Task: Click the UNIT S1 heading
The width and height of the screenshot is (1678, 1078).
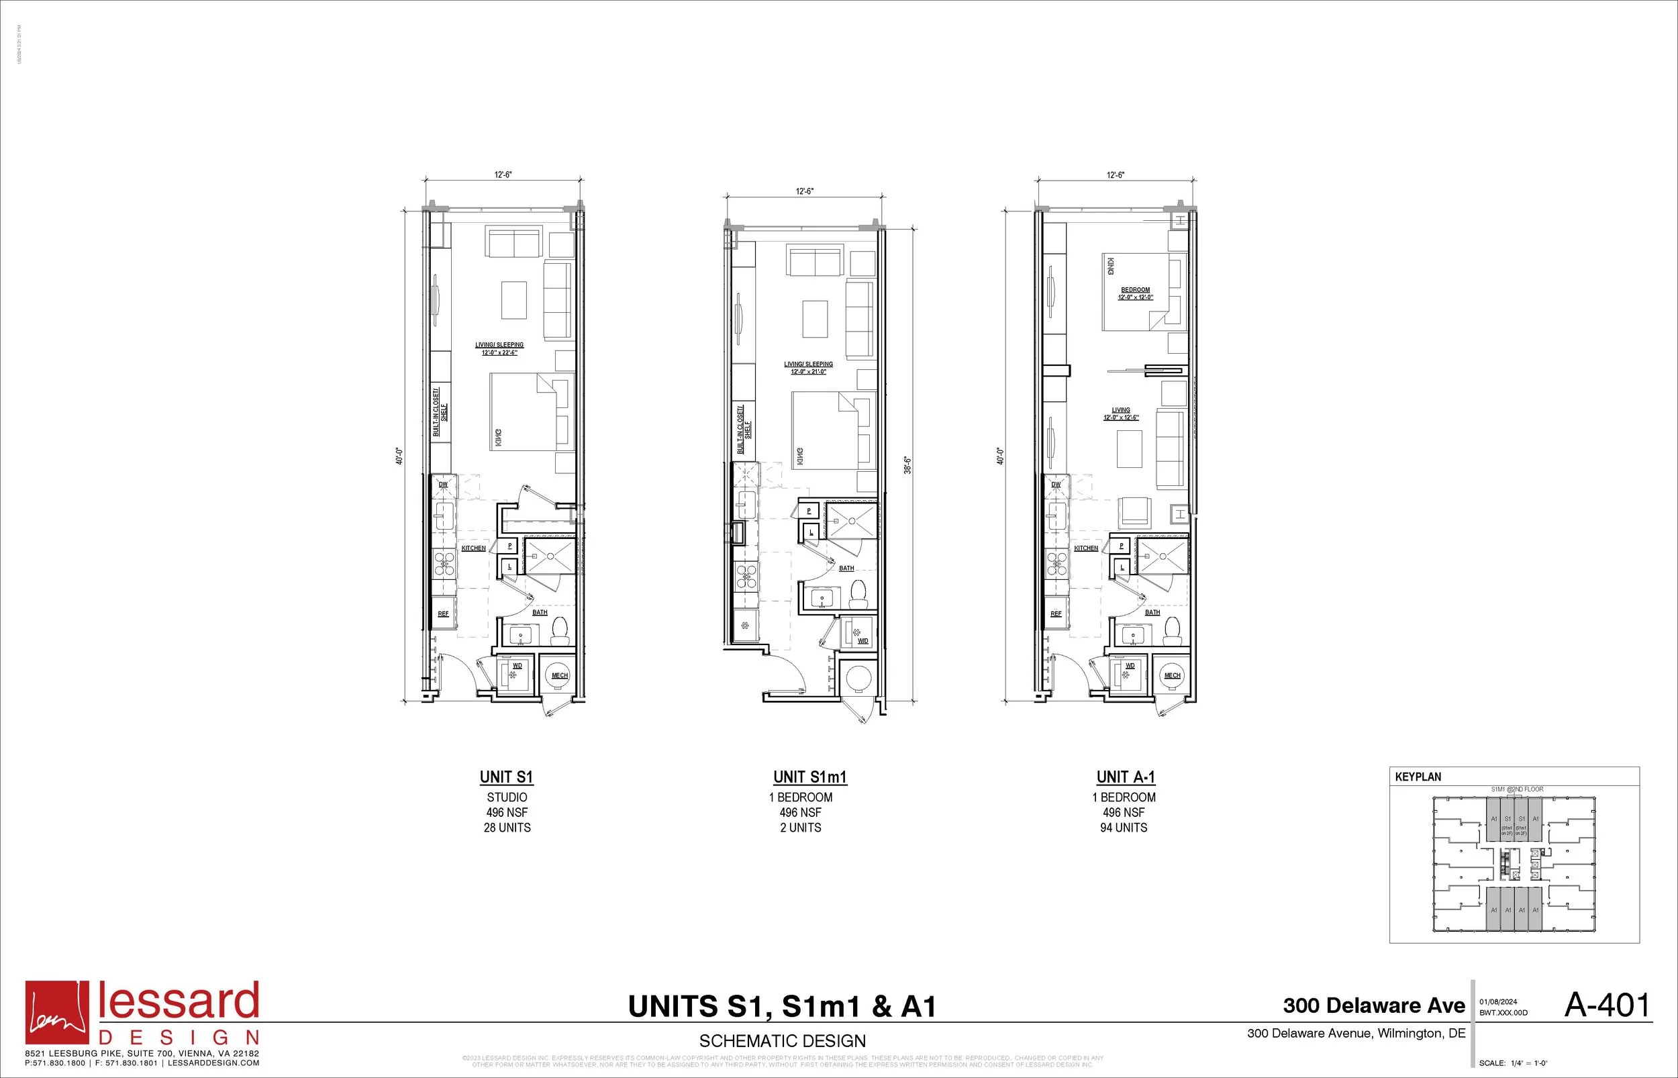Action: coord(506,777)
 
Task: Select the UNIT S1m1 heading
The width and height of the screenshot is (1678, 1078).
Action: coord(809,777)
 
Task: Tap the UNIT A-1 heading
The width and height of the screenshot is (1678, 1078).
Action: coord(1125,777)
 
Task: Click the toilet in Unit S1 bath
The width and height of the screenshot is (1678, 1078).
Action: coord(560,632)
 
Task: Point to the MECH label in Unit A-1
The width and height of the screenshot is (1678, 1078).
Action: coord(1172,675)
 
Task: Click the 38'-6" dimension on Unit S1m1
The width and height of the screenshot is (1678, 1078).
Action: coord(907,464)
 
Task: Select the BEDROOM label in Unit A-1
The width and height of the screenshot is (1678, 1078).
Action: coord(1135,290)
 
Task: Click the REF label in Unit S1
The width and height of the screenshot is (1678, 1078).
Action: coord(443,614)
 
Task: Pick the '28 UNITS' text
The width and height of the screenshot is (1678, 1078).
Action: coord(507,828)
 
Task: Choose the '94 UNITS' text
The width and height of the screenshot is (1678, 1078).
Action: coord(1123,828)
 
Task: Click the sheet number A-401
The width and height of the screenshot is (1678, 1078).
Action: coord(1607,1006)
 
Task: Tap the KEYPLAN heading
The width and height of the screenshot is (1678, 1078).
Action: coord(1418,777)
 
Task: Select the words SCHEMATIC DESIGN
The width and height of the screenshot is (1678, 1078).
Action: coord(783,1041)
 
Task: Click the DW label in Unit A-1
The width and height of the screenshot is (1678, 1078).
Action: coord(1056,485)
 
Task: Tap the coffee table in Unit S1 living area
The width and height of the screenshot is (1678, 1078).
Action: coord(513,299)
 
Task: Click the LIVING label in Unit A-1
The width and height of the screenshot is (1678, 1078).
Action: coord(1120,411)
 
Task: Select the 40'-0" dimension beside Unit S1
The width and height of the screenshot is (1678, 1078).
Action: coord(399,456)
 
